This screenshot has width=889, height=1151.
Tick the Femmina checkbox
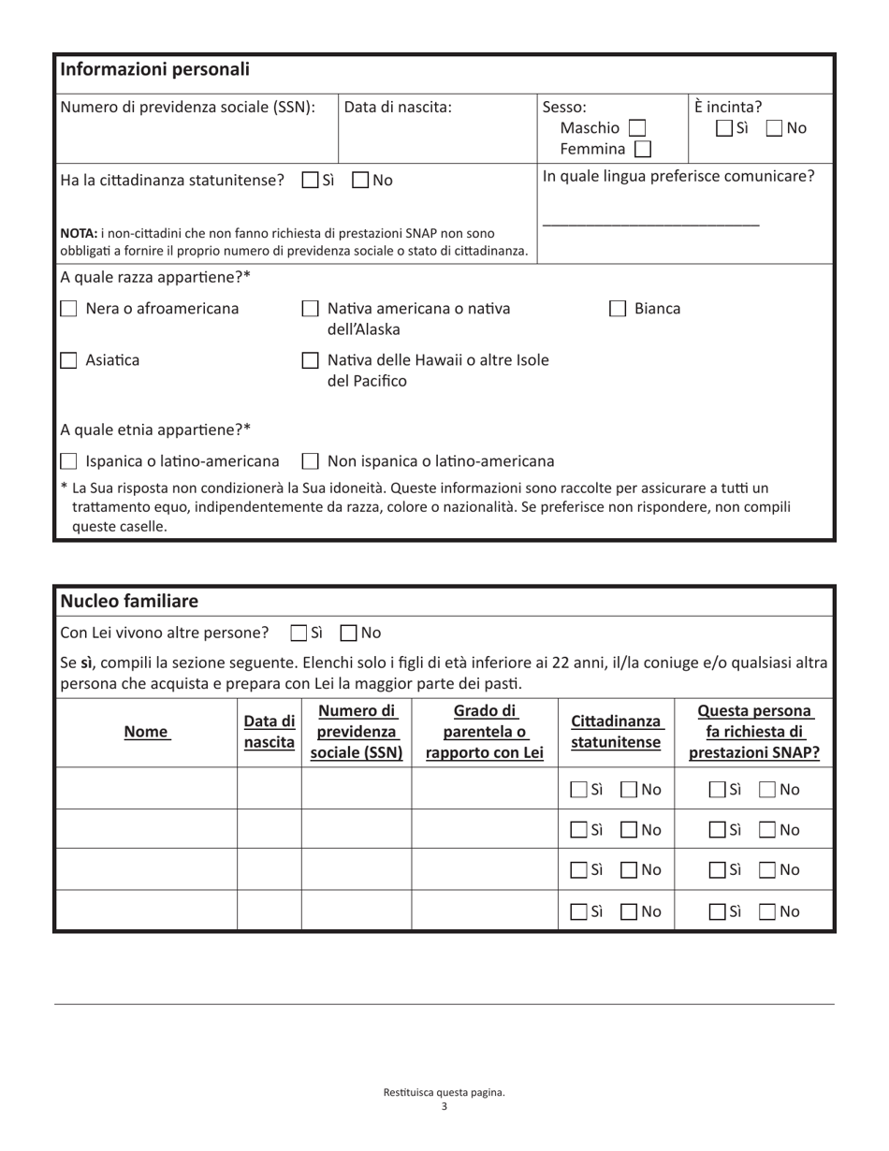coord(642,149)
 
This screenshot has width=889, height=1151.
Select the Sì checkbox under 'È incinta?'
coord(724,128)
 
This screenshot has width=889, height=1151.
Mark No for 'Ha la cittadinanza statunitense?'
coord(360,181)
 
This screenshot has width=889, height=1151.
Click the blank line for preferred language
coord(650,223)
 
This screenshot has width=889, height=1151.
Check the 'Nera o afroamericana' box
coord(68,309)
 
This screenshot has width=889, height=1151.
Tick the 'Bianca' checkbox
coord(618,309)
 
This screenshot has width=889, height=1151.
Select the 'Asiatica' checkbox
coord(68,360)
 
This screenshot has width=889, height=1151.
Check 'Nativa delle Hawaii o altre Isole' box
coord(310,360)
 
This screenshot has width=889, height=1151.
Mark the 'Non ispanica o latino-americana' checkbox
coord(310,461)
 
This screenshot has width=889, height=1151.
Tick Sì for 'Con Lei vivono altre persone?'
coord(299,634)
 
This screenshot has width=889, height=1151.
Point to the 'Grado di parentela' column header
coord(484,732)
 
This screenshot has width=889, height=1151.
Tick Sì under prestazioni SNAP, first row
coord(718,790)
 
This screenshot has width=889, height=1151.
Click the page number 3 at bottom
coord(444,1106)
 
